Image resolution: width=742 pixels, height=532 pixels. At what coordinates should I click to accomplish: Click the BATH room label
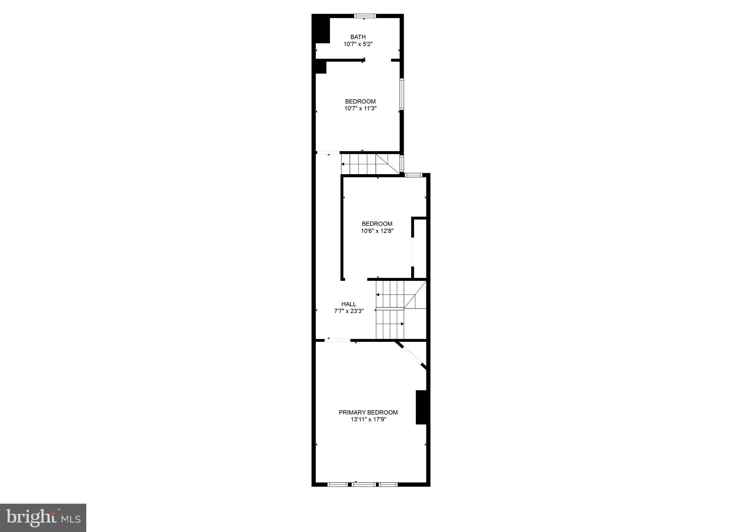[x=358, y=37]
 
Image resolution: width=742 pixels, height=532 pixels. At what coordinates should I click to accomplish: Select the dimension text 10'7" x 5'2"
[x=358, y=44]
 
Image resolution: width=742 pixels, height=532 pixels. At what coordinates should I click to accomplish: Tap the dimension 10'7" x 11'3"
[x=360, y=108]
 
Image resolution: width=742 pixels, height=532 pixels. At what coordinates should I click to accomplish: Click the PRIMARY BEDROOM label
[x=368, y=412]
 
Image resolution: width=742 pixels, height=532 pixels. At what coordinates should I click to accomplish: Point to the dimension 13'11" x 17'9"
[x=368, y=420]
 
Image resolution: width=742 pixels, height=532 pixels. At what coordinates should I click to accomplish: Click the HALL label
[x=349, y=304]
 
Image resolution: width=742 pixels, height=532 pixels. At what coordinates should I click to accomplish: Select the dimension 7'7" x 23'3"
[x=349, y=311]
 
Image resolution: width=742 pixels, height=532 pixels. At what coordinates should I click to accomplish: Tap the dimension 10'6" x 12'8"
[x=377, y=231]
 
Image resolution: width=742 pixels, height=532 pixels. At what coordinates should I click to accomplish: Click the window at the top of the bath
[x=365, y=16]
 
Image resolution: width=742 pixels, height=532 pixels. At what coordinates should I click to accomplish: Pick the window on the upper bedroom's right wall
[x=402, y=94]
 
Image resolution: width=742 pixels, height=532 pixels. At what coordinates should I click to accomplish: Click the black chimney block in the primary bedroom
[x=421, y=407]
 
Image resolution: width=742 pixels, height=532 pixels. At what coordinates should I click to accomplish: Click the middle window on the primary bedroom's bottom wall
[x=364, y=484]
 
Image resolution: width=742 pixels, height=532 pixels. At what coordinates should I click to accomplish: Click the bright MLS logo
[x=43, y=518]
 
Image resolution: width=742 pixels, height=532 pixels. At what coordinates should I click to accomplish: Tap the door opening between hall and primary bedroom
[x=337, y=340]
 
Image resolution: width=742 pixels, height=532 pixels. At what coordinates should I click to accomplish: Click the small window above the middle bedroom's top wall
[x=413, y=175]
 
